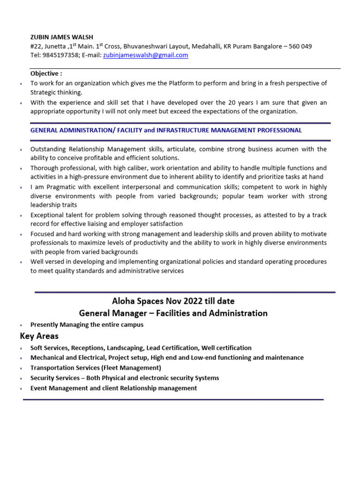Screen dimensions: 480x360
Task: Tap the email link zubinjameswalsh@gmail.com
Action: click(145, 55)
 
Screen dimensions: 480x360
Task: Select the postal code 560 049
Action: click(299, 46)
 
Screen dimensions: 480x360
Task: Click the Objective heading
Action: click(46, 74)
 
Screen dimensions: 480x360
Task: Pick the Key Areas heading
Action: click(39, 336)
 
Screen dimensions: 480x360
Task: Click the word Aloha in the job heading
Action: click(124, 300)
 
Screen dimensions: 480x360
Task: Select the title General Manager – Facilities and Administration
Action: click(173, 313)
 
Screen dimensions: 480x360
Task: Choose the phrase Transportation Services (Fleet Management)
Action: click(96, 368)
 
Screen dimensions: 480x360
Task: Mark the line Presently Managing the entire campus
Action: click(87, 324)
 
